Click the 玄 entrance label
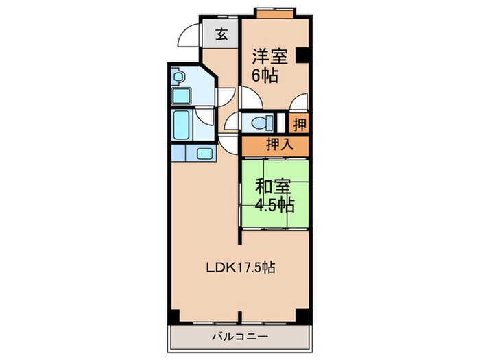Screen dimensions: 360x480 222,34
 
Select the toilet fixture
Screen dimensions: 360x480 261,123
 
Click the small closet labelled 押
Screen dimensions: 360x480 300,124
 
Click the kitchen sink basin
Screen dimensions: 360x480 205,153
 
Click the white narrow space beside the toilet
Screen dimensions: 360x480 281,124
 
